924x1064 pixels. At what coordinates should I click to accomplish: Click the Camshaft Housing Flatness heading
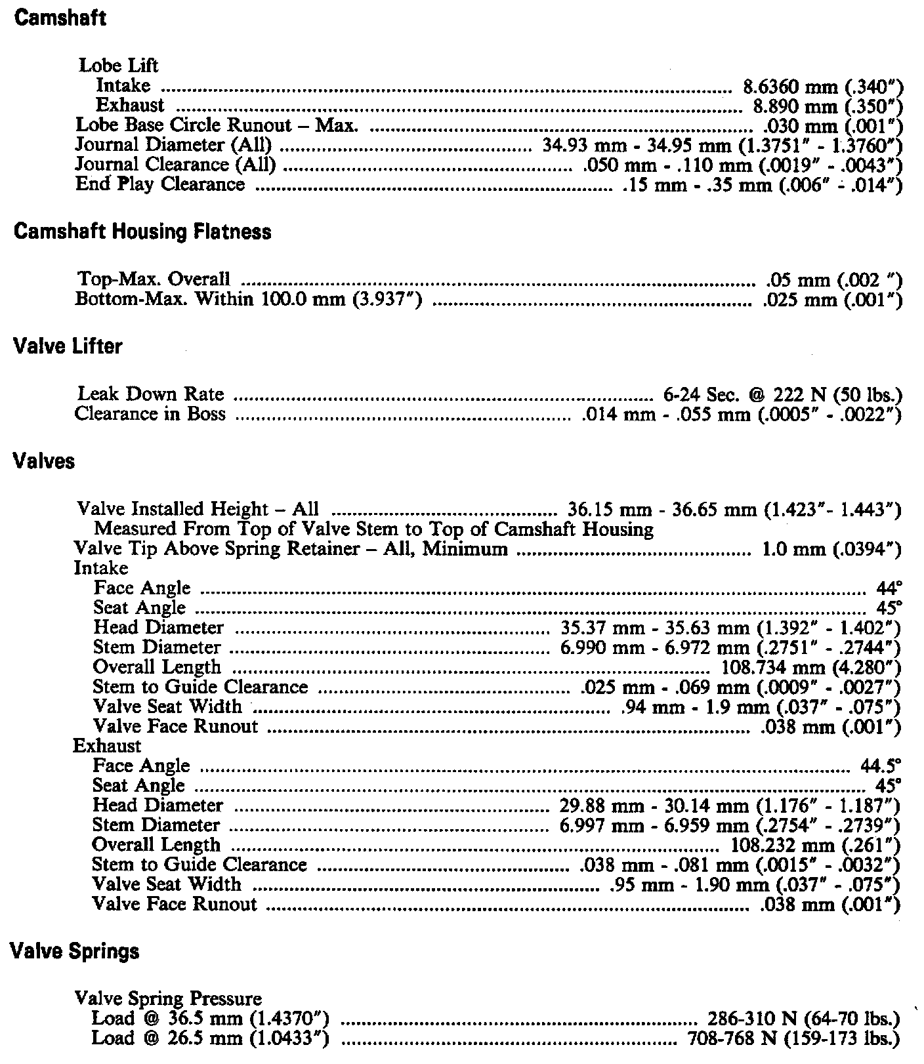click(x=142, y=232)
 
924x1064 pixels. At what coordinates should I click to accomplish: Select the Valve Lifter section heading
click(x=68, y=346)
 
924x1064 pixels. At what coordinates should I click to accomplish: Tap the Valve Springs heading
click(x=76, y=951)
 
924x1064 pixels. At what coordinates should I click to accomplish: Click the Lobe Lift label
click(x=119, y=66)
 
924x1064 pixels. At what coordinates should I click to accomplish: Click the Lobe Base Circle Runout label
click(x=217, y=125)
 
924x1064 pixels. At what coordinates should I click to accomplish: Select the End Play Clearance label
click(x=160, y=184)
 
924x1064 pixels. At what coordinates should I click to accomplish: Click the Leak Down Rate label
click(x=150, y=394)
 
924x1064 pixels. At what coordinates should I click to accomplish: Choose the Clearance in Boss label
click(x=150, y=414)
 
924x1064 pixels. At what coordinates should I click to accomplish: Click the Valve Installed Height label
click(x=198, y=509)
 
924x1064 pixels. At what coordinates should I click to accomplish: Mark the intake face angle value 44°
click(x=889, y=588)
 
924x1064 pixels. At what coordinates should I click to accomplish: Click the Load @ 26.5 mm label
click(x=210, y=1038)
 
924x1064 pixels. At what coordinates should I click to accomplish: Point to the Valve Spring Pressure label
click(x=169, y=998)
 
